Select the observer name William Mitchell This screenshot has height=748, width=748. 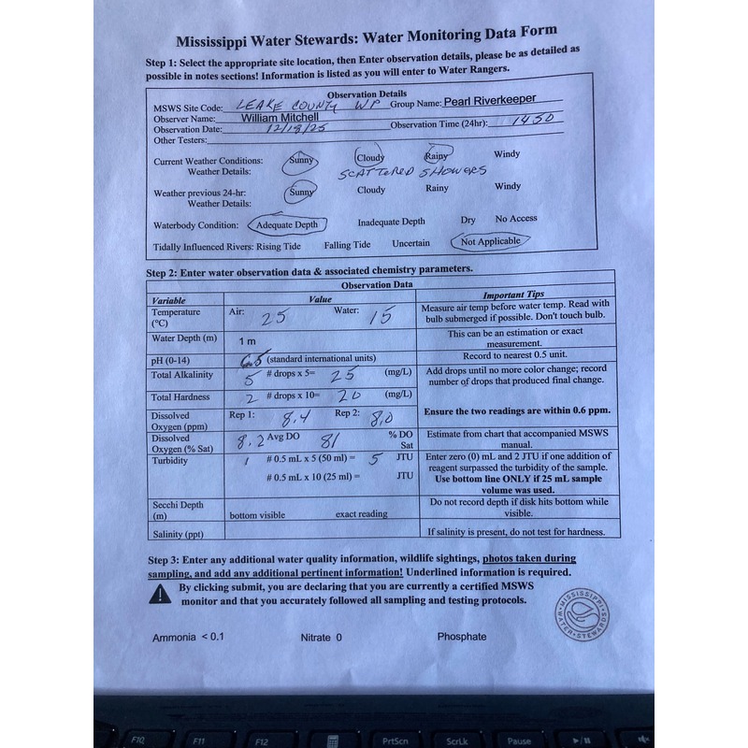tap(280, 118)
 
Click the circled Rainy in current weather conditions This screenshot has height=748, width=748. tap(437, 156)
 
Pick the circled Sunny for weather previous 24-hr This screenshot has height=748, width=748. tap(301, 191)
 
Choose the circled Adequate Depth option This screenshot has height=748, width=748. tap(286, 224)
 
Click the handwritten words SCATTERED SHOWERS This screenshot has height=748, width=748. tap(412, 172)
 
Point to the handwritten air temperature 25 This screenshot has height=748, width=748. tap(273, 317)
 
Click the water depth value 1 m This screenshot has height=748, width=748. tap(248, 340)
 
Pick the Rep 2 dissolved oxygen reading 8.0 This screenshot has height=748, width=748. tap(376, 417)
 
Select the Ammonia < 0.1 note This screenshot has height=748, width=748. tap(188, 637)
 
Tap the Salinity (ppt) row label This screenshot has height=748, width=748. tap(178, 534)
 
